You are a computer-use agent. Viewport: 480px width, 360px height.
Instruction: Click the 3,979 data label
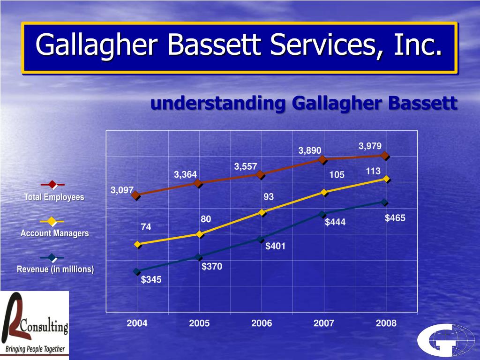(x=370, y=146)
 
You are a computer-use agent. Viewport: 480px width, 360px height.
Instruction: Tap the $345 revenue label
(x=151, y=280)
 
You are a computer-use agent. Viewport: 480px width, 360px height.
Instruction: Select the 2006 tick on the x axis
(x=262, y=323)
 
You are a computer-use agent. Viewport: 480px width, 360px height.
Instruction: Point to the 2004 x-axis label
(x=137, y=323)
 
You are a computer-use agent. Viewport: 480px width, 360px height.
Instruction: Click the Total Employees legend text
(x=54, y=197)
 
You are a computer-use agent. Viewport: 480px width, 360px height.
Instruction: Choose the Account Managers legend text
(x=54, y=233)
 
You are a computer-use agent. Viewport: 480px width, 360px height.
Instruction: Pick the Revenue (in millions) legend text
(x=55, y=269)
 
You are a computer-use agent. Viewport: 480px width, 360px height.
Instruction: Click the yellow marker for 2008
(x=386, y=179)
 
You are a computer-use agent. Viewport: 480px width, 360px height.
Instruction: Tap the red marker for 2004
(x=136, y=195)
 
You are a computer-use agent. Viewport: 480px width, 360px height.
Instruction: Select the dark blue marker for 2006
(x=262, y=239)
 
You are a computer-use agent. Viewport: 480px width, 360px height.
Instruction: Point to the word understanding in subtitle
(x=218, y=103)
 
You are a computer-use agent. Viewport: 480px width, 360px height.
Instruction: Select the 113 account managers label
(x=373, y=172)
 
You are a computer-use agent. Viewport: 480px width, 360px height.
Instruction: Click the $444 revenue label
(x=335, y=222)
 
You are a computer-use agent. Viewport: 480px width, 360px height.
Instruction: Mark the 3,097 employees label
(x=122, y=190)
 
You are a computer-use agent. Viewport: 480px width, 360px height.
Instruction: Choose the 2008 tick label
(x=386, y=323)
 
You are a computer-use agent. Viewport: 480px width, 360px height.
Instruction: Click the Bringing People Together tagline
(x=36, y=349)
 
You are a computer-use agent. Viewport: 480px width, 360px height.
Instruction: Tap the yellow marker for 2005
(x=200, y=234)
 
